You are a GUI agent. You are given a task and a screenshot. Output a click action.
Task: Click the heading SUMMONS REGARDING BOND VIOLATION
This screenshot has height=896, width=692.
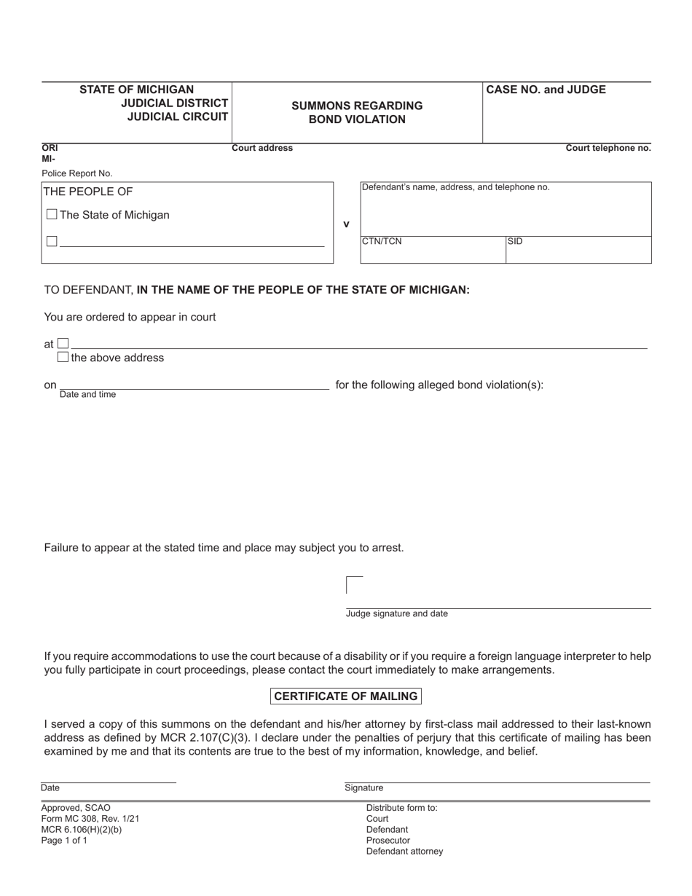[357, 113]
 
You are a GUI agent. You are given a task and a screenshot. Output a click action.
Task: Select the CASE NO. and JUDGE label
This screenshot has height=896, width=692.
[546, 90]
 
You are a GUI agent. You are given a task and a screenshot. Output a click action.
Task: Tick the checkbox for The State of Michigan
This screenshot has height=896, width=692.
[52, 215]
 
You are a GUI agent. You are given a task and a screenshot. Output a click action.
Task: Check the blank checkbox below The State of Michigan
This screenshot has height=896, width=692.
[52, 241]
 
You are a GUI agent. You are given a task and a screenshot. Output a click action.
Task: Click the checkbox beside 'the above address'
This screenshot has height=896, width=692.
[63, 358]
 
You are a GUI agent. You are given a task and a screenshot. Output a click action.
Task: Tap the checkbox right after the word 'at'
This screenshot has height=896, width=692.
[63, 343]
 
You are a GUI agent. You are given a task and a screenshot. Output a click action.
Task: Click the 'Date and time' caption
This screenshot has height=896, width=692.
[87, 395]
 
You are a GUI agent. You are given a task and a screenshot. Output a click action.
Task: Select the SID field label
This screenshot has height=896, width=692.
[515, 242]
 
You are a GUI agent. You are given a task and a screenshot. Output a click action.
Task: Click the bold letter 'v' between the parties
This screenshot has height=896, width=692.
[346, 224]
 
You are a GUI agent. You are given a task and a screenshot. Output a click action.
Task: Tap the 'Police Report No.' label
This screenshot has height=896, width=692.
[77, 173]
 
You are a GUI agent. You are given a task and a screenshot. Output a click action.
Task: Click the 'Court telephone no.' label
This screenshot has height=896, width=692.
[608, 149]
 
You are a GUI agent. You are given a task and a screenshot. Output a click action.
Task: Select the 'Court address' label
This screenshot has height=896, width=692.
[262, 149]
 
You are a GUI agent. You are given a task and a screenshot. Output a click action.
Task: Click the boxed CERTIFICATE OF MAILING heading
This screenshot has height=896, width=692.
[346, 696]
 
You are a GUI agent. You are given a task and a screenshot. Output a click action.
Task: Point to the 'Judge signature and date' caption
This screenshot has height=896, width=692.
[396, 614]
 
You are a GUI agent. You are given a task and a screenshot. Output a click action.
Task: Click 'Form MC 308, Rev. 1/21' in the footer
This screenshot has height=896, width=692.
[90, 819]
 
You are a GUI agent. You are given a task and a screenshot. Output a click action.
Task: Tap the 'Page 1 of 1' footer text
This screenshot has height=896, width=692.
[64, 841]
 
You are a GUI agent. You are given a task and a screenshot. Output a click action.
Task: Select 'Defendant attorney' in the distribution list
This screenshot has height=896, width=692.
[404, 852]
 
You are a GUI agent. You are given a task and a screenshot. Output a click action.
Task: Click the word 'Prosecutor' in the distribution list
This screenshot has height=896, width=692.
[388, 841]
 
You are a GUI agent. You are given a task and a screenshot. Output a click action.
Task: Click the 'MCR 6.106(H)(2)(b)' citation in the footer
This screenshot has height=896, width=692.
[82, 830]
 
